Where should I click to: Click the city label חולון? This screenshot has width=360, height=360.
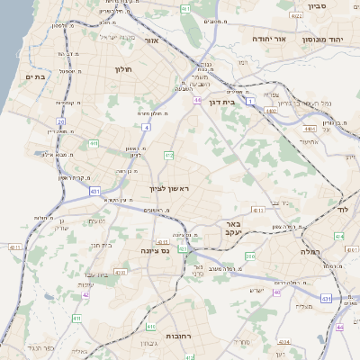[x=123, y=69]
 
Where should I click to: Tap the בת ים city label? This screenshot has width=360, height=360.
[x=35, y=77]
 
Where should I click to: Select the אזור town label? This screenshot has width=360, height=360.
[x=151, y=40]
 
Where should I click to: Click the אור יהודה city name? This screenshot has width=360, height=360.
[x=267, y=40]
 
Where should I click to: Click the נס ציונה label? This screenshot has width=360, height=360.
[x=156, y=252]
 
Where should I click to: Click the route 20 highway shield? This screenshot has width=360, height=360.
[x=61, y=121]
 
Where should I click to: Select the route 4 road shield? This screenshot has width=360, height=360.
[x=146, y=128]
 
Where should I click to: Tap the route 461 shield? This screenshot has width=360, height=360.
[x=184, y=8]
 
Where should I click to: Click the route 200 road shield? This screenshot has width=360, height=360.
[x=250, y=256]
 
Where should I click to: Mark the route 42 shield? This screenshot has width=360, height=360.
[x=85, y=294]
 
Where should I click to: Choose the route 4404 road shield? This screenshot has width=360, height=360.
[x=310, y=129]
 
